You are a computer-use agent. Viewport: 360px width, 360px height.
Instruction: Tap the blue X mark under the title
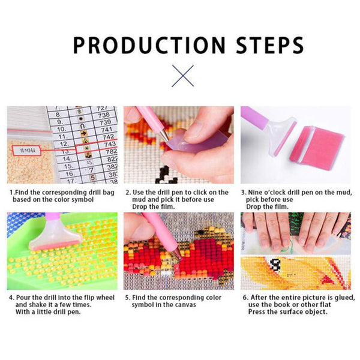click(183, 76)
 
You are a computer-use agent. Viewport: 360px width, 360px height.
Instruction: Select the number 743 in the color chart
click(110, 144)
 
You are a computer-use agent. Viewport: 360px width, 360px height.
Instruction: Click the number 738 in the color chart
click(104, 115)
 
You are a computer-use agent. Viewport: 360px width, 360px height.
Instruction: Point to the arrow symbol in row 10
click(83, 133)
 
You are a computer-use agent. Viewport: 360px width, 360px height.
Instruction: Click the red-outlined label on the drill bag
click(26, 151)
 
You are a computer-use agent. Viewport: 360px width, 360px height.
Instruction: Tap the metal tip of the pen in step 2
click(164, 136)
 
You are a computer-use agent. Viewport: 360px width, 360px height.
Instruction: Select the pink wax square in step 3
click(317, 144)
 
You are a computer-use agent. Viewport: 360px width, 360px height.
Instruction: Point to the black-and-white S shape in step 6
click(275, 265)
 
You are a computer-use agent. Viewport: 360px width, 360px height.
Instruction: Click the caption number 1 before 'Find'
click(11, 193)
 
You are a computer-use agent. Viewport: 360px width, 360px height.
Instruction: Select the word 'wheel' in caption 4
click(105, 298)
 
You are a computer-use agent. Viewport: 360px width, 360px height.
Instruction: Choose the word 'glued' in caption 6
click(344, 298)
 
